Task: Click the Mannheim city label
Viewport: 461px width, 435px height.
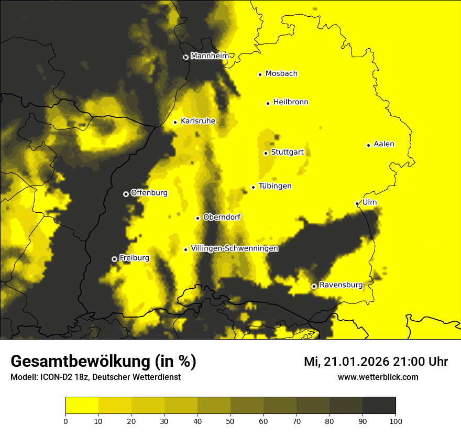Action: click(x=210, y=56)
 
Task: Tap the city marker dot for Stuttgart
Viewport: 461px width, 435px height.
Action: click(x=266, y=153)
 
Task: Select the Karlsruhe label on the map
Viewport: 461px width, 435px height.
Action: click(x=198, y=121)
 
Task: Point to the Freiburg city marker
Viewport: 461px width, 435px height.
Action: click(x=114, y=259)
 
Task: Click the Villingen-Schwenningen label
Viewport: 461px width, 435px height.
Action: click(x=234, y=248)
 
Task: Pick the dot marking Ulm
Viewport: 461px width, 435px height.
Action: click(x=357, y=203)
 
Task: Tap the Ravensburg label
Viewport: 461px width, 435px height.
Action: click(x=341, y=285)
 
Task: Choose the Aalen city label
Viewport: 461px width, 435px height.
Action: click(x=384, y=144)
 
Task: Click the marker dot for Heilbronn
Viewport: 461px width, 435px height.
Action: click(x=268, y=103)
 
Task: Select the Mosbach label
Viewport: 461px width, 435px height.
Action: click(x=281, y=74)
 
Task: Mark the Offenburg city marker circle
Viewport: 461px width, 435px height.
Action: click(x=126, y=194)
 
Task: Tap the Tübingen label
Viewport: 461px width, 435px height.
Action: click(x=275, y=186)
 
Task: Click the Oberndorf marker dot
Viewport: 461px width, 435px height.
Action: click(x=197, y=218)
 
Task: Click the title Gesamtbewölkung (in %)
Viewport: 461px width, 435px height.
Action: click(x=103, y=362)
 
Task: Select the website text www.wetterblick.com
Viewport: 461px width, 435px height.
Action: click(x=378, y=377)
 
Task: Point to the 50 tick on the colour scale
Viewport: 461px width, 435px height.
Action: click(x=230, y=420)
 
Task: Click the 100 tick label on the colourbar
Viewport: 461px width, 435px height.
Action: click(x=396, y=420)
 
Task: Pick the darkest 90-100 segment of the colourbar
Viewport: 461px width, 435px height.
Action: click(x=379, y=405)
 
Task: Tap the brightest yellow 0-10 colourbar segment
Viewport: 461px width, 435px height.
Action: click(x=82, y=405)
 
